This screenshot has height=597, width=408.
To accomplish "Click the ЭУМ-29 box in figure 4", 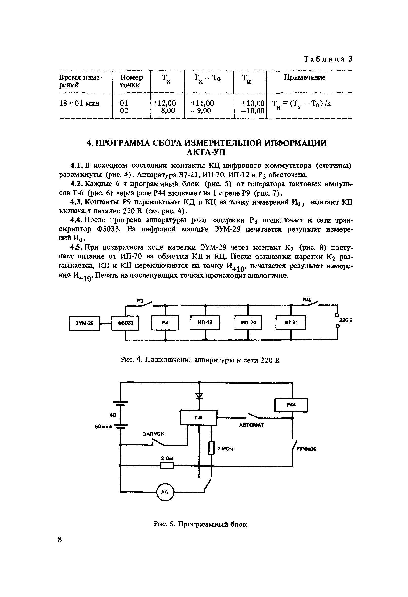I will click(x=84, y=323).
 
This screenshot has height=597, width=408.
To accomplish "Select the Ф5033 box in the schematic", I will click(x=125, y=323).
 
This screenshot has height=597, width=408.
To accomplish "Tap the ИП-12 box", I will click(x=205, y=322).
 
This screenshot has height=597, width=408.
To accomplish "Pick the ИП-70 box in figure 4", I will click(x=248, y=322).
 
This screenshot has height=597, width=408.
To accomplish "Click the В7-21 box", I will click(x=291, y=322).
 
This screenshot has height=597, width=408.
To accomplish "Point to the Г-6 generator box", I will click(x=198, y=418).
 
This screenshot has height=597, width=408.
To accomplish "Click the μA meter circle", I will click(x=165, y=492).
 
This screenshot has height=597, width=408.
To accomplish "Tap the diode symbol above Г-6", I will click(x=199, y=396).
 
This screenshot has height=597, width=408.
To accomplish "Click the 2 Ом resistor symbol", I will click(x=167, y=465).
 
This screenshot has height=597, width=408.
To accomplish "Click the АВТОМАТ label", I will click(x=251, y=425).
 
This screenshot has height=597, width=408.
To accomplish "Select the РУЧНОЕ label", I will click(x=306, y=449).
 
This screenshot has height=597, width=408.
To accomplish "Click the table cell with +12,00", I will click(x=165, y=103).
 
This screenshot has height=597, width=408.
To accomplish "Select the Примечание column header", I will click(x=304, y=78).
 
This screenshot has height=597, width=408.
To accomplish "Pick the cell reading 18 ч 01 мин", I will click(x=79, y=104).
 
